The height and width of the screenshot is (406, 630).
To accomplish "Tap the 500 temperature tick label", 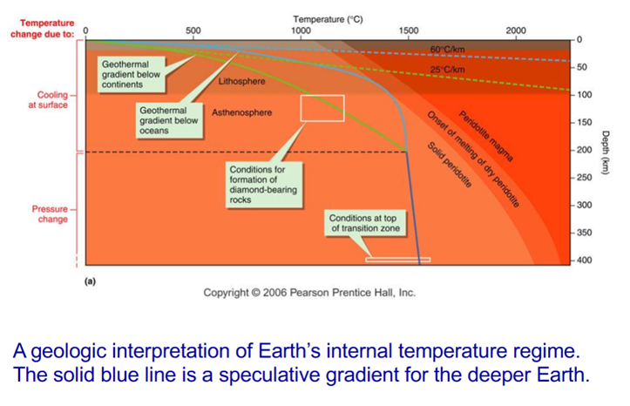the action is [193, 30].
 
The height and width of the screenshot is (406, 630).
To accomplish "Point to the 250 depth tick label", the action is [585, 178].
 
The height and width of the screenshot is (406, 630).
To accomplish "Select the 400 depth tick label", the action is [585, 261].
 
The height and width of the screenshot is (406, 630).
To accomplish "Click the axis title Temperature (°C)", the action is [328, 19].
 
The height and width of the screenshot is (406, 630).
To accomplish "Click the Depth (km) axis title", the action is [606, 152].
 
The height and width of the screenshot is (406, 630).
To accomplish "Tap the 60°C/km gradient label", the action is [447, 50].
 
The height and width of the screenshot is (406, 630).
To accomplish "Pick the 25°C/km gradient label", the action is [447, 70].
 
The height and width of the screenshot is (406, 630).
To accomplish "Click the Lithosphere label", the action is [242, 82].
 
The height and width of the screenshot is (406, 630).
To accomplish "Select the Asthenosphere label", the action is [242, 113].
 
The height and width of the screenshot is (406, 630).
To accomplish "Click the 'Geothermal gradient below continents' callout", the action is [132, 74].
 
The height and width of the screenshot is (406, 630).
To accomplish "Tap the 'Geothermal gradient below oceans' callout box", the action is [169, 120].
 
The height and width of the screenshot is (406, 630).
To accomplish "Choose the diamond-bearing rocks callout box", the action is [263, 185].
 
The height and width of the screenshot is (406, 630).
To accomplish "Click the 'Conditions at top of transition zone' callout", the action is [365, 223].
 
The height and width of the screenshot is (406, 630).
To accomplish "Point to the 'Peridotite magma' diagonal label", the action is [485, 137].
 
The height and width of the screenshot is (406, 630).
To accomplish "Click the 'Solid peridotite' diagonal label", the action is [450, 165].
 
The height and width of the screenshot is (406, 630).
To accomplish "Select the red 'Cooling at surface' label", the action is [48, 100].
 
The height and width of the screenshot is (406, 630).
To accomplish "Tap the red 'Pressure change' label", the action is [51, 214].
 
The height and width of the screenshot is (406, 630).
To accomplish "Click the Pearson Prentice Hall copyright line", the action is [309, 293].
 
